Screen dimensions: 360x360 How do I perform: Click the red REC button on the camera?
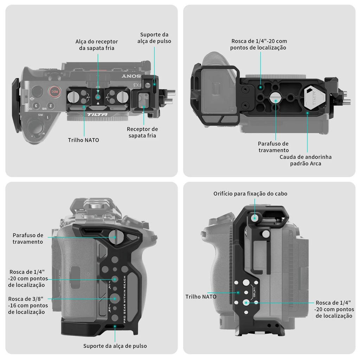(54, 91)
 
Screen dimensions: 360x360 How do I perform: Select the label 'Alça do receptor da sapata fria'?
(97, 45)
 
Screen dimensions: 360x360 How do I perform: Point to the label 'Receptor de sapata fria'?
(142, 132)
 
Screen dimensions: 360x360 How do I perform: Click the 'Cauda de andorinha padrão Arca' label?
(306, 160)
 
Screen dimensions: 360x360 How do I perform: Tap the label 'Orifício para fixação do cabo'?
(250, 194)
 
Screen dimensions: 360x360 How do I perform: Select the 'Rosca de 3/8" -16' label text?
(28, 305)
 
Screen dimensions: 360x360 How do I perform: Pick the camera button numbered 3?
(36, 105)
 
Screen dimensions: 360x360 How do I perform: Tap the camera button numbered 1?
(47, 117)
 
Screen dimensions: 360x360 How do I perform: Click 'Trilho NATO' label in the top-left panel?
(83, 140)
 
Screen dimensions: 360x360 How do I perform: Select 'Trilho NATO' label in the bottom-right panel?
(201, 297)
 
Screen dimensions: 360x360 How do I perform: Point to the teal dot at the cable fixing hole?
(254, 218)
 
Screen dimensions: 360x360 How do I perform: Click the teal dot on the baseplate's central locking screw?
(276, 100)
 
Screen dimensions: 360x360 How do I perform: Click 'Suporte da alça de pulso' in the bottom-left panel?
(115, 346)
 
